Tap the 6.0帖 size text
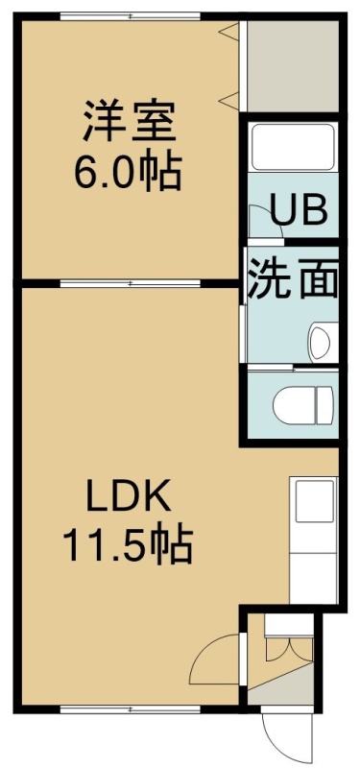coord(129,173)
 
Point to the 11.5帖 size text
coord(128,545)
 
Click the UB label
coord(299,209)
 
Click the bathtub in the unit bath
coord(293,147)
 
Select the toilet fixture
coord(304,404)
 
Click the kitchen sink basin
coord(315,502)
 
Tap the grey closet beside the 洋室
coord(293,66)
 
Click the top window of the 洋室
coord(131,16)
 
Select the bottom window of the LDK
coord(131,708)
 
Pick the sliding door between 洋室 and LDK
coord(131,283)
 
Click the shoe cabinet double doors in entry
coord(289,650)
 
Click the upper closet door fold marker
coord(228,32)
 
